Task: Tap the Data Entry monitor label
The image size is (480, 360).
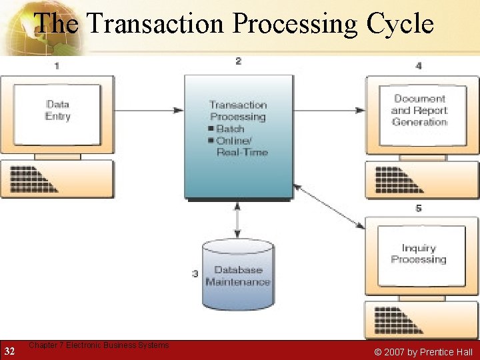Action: click(57, 110)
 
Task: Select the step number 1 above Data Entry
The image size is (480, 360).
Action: click(57, 65)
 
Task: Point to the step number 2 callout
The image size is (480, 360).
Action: click(238, 61)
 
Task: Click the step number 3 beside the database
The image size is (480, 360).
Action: click(195, 273)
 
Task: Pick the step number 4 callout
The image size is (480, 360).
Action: click(418, 65)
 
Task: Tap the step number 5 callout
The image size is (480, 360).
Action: click(418, 209)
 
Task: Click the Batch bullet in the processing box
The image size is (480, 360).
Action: click(229, 129)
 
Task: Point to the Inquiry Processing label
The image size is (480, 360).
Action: click(418, 254)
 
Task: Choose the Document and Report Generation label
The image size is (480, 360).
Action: click(419, 110)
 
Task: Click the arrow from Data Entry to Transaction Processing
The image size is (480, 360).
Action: click(150, 110)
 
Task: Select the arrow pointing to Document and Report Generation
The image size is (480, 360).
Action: click(329, 110)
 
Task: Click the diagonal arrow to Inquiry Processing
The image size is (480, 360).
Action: click(329, 207)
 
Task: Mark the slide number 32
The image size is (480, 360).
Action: click(10, 351)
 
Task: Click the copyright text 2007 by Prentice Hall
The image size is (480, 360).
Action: click(423, 352)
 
